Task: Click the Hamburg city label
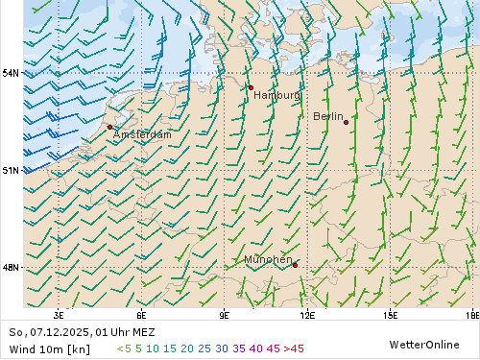276,96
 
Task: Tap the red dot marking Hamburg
251,87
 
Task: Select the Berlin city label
328,116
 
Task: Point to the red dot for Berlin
346,122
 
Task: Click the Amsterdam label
142,135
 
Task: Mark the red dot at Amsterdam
109,127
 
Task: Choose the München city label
268,260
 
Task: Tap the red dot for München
295,265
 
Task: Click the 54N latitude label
11,73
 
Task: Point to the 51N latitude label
11,170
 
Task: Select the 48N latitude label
11,267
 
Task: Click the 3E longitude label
59,315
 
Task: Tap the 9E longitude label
225,315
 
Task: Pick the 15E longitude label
390,315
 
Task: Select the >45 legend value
294,348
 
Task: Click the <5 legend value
123,348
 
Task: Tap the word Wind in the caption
22,348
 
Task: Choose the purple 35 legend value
239,348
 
